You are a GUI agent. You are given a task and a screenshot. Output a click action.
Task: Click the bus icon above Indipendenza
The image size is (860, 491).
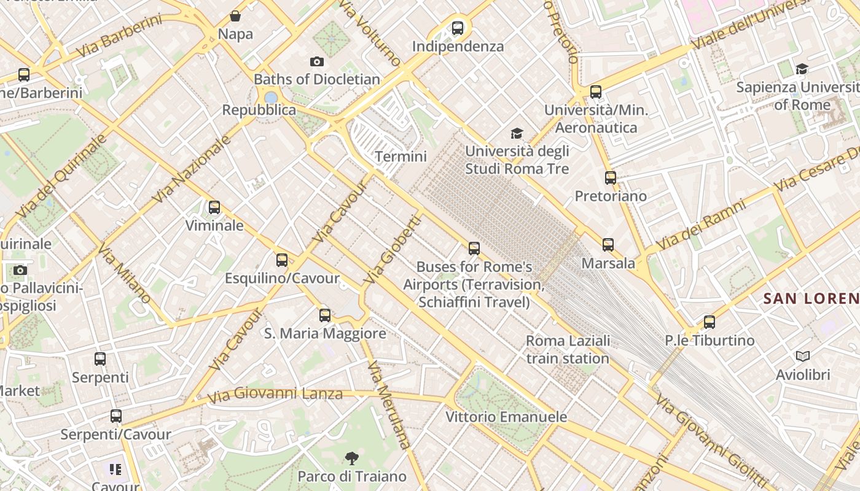click(x=457, y=28)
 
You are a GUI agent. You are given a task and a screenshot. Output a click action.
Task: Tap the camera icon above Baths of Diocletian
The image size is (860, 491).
click(x=317, y=61)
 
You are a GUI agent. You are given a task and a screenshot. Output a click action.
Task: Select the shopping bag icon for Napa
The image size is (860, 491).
click(x=235, y=16)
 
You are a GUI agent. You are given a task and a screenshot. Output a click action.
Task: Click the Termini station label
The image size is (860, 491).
click(x=401, y=157)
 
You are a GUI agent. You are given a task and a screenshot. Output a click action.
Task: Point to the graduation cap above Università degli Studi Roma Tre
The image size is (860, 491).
click(x=517, y=133)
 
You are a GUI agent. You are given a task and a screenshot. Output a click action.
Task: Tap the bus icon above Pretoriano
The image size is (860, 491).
click(x=610, y=178)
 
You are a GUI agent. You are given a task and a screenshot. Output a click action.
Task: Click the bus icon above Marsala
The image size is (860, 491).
click(x=608, y=245)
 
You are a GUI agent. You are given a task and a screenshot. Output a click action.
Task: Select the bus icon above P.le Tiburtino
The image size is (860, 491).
click(x=709, y=322)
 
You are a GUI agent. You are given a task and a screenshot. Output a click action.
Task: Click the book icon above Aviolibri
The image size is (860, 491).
click(x=802, y=356)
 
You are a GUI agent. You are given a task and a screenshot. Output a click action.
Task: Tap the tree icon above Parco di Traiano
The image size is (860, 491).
click(x=351, y=457)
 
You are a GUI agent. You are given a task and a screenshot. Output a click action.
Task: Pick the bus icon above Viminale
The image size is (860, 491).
click(x=214, y=207)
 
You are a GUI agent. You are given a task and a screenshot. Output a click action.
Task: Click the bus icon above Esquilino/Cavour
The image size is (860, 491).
click(x=282, y=260)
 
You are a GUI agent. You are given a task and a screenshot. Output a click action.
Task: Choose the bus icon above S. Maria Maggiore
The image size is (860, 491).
click(x=325, y=315)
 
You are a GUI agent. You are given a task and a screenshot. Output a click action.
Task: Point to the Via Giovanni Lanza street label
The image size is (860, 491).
click(x=275, y=394)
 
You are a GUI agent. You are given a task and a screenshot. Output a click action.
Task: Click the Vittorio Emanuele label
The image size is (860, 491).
click(x=506, y=417)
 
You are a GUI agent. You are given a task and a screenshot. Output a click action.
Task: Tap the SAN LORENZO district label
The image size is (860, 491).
click(x=811, y=299)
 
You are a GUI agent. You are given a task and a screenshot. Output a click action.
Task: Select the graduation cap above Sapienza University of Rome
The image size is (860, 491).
click(x=802, y=69)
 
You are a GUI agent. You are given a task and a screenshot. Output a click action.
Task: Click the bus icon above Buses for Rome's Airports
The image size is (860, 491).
click(x=474, y=249)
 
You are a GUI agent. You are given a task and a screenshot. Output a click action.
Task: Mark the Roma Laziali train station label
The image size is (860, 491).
click(x=568, y=349)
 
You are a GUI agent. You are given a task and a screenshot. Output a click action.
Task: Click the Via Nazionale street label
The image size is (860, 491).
click(x=192, y=169)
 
